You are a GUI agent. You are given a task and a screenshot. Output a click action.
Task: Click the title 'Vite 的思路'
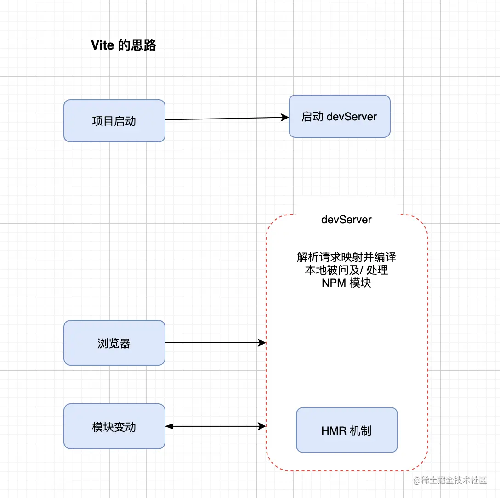pyautogui.click(x=124, y=45)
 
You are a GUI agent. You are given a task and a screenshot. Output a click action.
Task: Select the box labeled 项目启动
pyautogui.click(x=114, y=121)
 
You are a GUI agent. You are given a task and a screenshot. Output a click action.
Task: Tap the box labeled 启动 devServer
pyautogui.click(x=339, y=116)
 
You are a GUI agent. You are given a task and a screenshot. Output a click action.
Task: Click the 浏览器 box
pyautogui.click(x=114, y=343)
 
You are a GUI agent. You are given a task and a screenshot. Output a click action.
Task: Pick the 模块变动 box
pyautogui.click(x=114, y=426)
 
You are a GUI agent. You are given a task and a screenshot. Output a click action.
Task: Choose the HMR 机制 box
pyautogui.click(x=347, y=430)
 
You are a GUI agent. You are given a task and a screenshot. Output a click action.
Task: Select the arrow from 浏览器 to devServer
pyautogui.click(x=214, y=343)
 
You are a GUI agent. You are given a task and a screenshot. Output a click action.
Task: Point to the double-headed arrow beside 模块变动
pyautogui.click(x=215, y=426)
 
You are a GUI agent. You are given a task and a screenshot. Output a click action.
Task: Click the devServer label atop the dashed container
pyautogui.click(x=347, y=220)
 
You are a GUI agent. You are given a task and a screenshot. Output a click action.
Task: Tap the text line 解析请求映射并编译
pyautogui.click(x=347, y=257)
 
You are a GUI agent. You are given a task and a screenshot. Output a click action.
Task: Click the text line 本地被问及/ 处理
pyautogui.click(x=347, y=270)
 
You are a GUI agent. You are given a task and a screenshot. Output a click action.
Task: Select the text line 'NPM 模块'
pyautogui.click(x=347, y=283)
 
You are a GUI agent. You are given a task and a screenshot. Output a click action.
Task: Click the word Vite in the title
pyautogui.click(x=102, y=45)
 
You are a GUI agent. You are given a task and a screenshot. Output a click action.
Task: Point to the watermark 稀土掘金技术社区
pyautogui.click(x=450, y=481)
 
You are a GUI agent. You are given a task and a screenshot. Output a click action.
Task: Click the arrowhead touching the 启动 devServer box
pyautogui.click(x=285, y=118)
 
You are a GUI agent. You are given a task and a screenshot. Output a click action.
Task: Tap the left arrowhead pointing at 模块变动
pyautogui.click(x=169, y=426)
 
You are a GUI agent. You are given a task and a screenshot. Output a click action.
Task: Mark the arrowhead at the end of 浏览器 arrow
pyautogui.click(x=263, y=343)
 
